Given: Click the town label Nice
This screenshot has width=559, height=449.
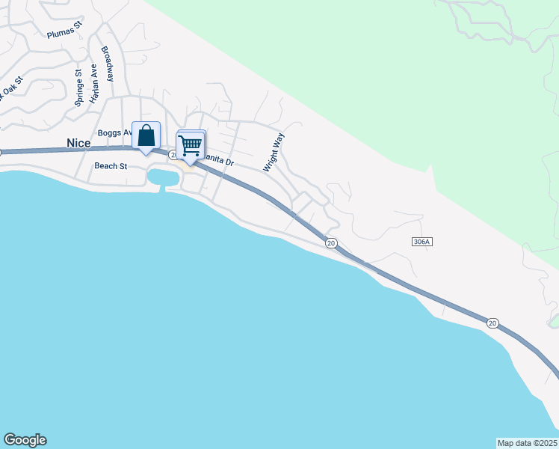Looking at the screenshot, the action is click(x=78, y=142).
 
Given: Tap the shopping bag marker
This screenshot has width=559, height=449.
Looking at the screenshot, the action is click(x=146, y=135).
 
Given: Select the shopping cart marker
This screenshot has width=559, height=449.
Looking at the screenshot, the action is click(x=191, y=144).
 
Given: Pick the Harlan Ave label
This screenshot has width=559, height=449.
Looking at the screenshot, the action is click(x=94, y=83).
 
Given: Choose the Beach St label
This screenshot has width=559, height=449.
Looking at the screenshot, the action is click(x=111, y=166).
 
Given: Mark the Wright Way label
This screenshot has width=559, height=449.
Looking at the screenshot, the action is click(x=274, y=153).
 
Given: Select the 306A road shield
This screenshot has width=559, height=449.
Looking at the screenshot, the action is click(x=422, y=242).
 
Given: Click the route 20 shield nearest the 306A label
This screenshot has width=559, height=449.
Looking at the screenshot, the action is click(x=331, y=242).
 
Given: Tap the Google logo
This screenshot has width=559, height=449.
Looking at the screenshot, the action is click(x=25, y=440).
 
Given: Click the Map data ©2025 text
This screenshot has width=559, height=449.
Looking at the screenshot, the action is click(x=528, y=443).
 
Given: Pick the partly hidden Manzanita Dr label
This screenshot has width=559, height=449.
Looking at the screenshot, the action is click(x=220, y=160).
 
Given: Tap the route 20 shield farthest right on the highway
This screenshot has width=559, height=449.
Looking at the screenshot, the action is click(x=492, y=323).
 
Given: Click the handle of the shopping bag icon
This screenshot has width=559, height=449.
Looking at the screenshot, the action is click(x=146, y=129).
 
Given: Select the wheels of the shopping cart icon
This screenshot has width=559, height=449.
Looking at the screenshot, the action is click(x=191, y=153).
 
